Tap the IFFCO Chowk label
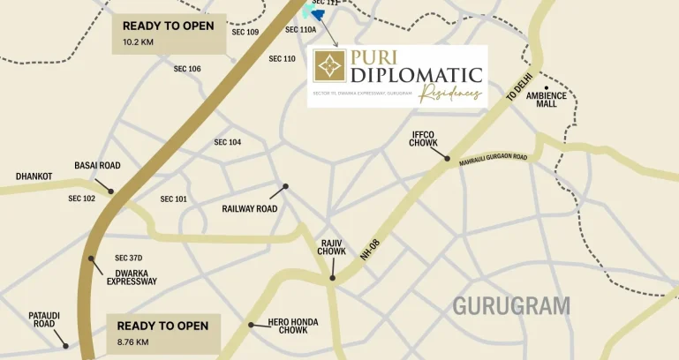coord(422,139)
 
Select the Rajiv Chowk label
coord(332,247)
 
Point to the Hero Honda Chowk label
coord(293,326)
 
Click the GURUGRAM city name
coord(511,306)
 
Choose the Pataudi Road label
coord(44,319)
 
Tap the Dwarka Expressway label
coord(132,277)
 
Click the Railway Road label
coord(250,209)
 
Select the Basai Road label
coord(97,166)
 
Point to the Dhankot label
coord(34,176)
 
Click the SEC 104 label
coord(228,142)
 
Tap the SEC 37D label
coord(129,258)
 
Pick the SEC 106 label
coord(187,69)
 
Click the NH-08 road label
coord(370,250)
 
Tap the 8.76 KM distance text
coord(133,341)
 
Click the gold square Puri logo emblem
coord(330,66)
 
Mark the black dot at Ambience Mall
coord(547,87)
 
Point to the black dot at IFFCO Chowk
coord(448,159)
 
